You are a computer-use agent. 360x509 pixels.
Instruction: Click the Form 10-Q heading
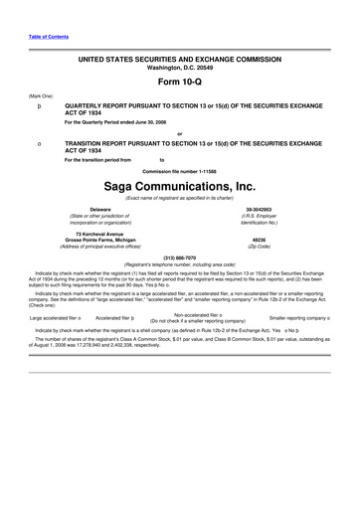coord(179,82)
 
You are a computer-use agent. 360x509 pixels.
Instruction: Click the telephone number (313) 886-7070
coord(179,256)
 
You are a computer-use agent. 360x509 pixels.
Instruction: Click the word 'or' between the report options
coord(179,134)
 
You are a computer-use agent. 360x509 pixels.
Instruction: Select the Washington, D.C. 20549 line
coord(179,53)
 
